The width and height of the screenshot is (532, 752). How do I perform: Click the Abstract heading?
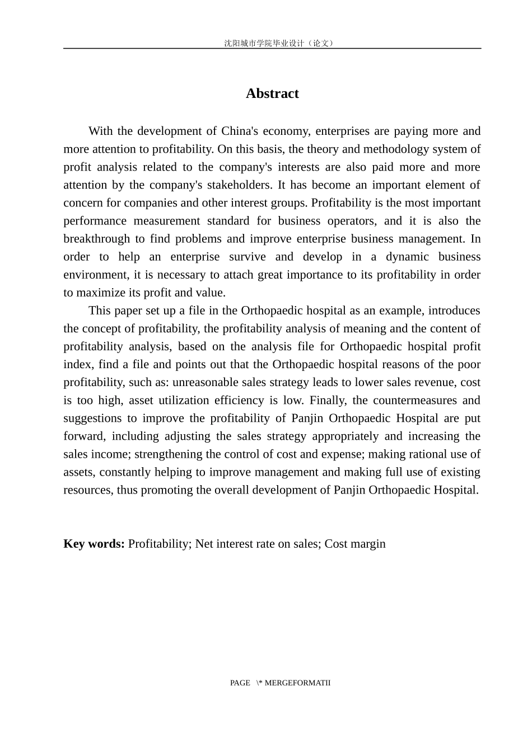coord(272,93)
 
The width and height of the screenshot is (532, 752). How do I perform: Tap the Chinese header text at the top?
coord(279,43)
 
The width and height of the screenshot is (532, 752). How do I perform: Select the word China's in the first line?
coord(240,131)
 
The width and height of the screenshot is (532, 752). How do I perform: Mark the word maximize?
coord(98,292)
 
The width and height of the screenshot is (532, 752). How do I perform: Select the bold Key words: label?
coord(94,543)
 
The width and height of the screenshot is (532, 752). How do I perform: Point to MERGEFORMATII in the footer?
coord(297,683)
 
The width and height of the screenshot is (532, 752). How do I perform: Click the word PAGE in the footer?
coord(240,683)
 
